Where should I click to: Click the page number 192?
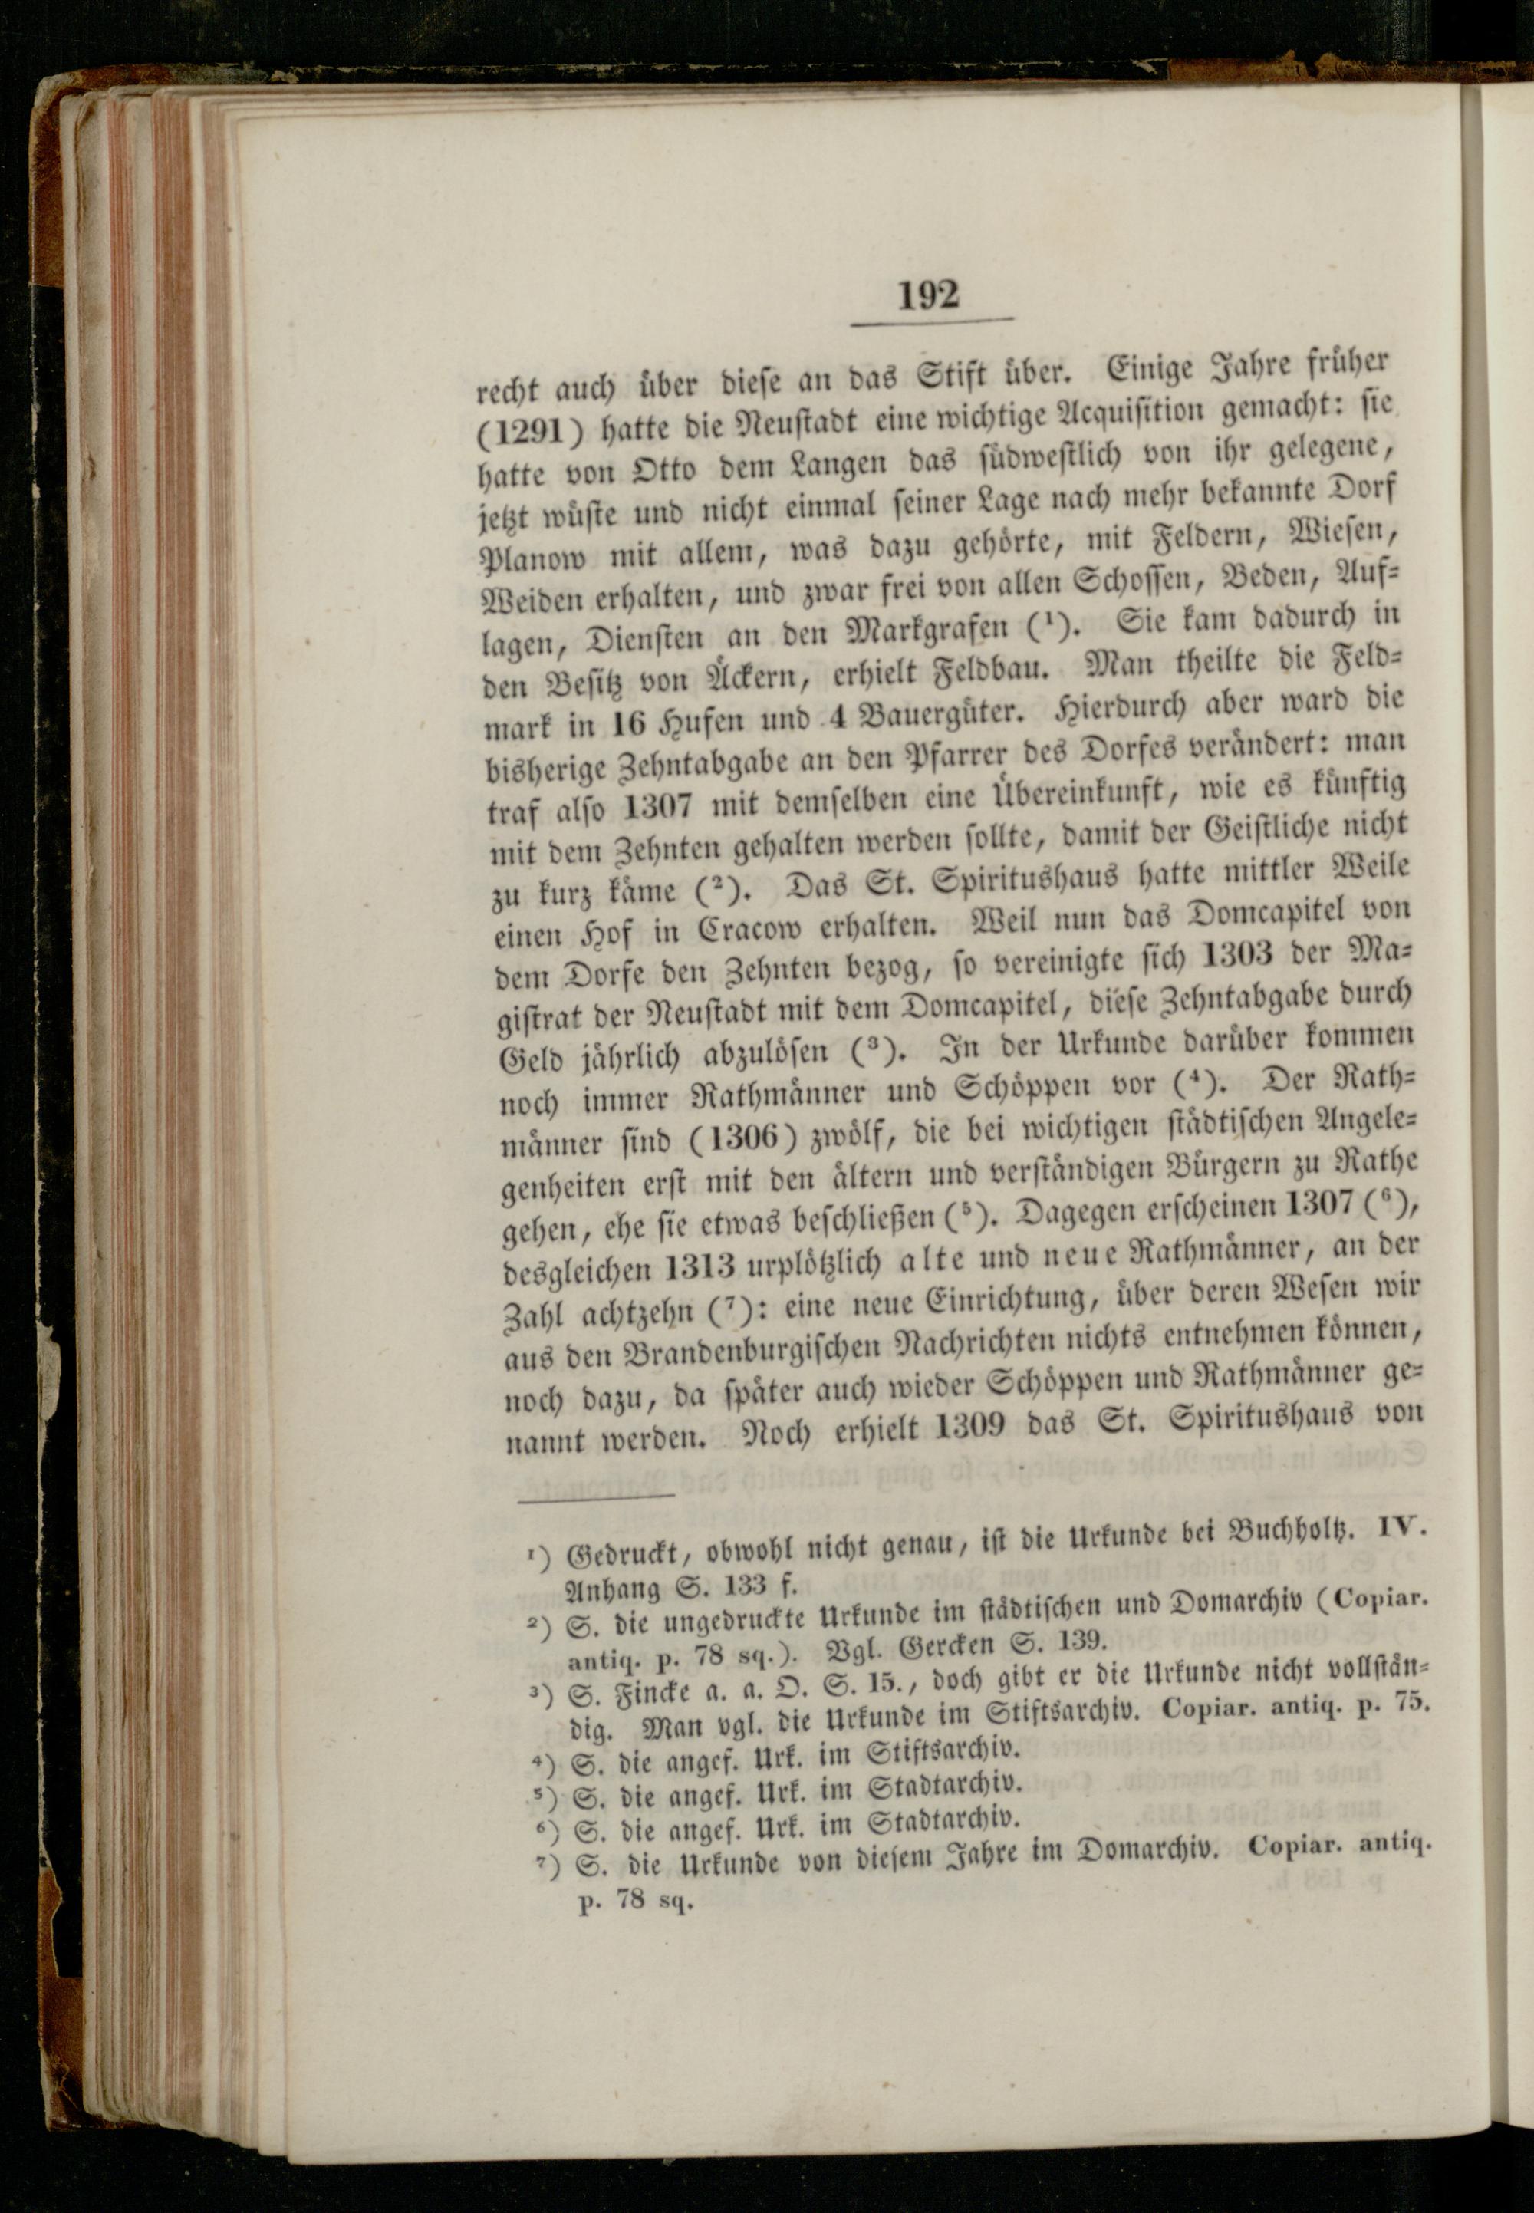(930, 293)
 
